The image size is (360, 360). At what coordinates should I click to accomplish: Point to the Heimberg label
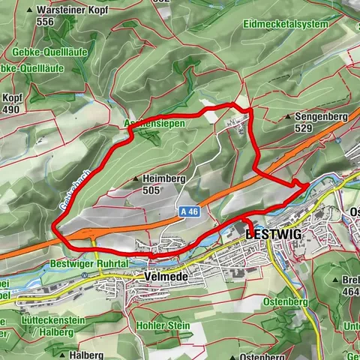pyautogui.click(x=163, y=179)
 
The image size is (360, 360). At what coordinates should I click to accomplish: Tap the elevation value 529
pyautogui.click(x=303, y=129)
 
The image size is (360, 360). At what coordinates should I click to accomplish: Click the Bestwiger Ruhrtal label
pyautogui.click(x=79, y=264)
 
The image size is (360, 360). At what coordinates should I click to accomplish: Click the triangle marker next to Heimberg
pyautogui.click(x=136, y=179)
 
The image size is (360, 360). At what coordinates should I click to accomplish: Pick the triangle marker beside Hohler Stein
pyautogui.click(x=130, y=326)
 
